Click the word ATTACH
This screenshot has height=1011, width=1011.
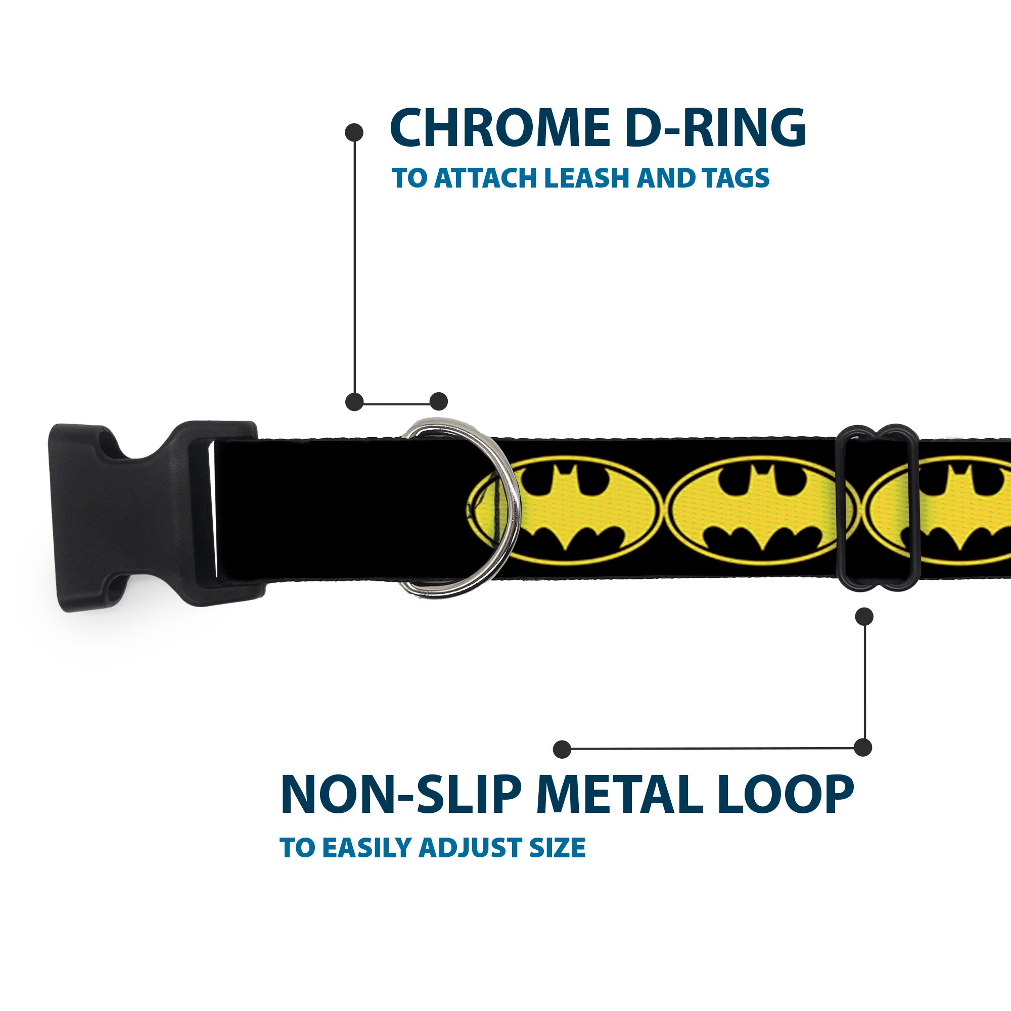click(485, 178)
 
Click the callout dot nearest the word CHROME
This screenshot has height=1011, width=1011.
click(354, 132)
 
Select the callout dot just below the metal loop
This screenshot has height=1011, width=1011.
click(864, 616)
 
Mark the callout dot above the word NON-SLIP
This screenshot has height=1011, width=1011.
click(562, 748)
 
